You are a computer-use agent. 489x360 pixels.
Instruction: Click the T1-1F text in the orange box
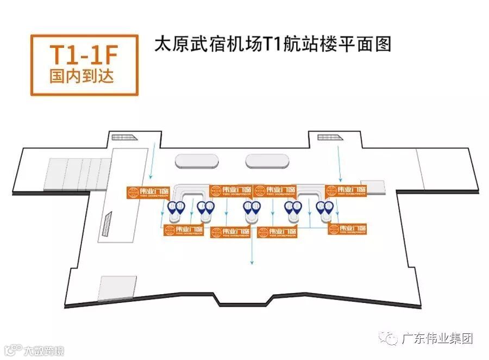pos(83,55)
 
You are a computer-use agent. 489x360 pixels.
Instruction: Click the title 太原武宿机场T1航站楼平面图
pos(273,44)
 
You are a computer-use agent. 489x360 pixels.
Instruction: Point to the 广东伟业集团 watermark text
pos(436,338)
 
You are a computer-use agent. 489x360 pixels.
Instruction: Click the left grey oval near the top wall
pos(197,161)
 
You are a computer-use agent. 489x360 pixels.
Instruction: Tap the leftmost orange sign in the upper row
pos(147,192)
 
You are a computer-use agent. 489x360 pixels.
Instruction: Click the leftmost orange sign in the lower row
pos(184,230)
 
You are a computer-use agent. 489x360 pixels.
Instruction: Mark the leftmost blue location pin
pos(172,207)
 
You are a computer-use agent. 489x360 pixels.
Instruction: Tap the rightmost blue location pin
pos(329,207)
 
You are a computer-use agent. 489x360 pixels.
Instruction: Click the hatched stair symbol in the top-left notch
pos(119,136)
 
